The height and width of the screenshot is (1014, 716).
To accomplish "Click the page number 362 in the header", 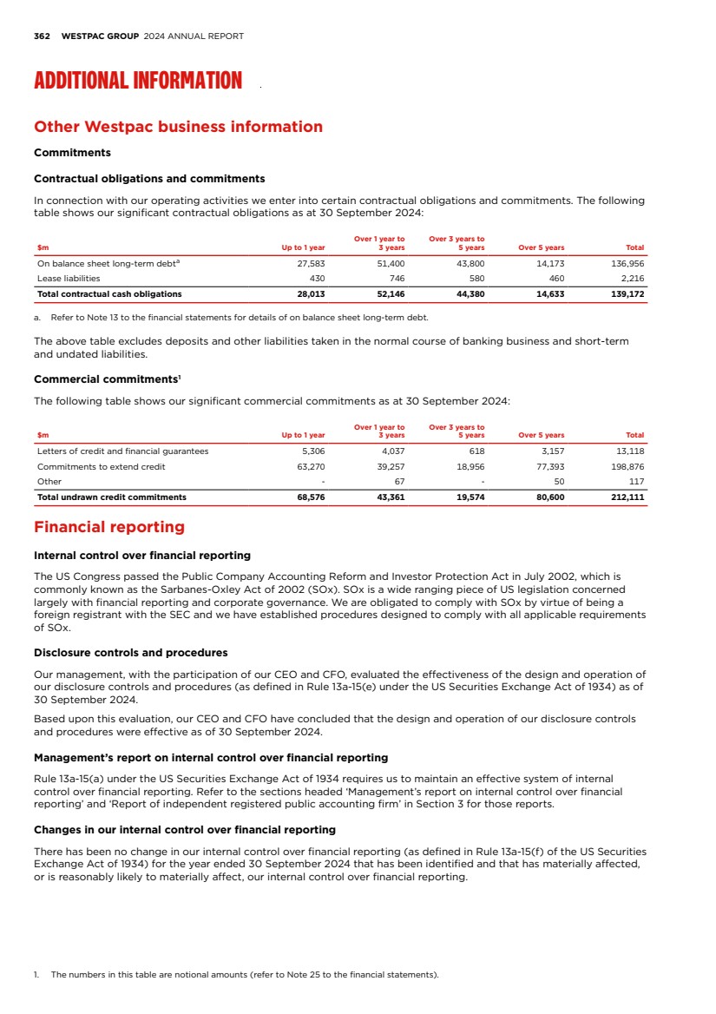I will (x=41, y=36).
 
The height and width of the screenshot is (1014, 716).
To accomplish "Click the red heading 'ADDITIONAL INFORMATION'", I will (x=138, y=82).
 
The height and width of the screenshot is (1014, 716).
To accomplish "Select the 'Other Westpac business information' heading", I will (x=178, y=127).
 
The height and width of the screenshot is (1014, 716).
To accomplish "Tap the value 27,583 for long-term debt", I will (x=311, y=264).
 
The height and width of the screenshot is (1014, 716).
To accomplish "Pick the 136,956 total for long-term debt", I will (x=627, y=264).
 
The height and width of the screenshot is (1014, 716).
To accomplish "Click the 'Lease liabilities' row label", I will (x=69, y=279).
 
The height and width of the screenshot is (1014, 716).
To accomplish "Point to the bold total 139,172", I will (x=627, y=293).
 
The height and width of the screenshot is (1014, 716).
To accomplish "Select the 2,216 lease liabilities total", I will (x=632, y=279).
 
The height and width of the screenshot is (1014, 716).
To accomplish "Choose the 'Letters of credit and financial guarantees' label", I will (x=122, y=451).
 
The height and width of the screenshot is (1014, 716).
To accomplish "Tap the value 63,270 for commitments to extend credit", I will (x=311, y=466).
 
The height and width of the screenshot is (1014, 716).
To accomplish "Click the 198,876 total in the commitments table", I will (x=627, y=466).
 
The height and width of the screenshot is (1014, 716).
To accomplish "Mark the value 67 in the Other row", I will (x=399, y=481).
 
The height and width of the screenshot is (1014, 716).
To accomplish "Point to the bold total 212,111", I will (x=627, y=497).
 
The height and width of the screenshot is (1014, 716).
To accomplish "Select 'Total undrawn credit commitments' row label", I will (x=111, y=497).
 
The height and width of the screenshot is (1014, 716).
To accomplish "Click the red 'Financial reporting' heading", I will (x=109, y=527).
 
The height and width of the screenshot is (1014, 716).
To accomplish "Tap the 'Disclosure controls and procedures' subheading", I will (x=130, y=653).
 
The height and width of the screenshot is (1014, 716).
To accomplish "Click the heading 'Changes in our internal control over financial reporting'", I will (x=184, y=829).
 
